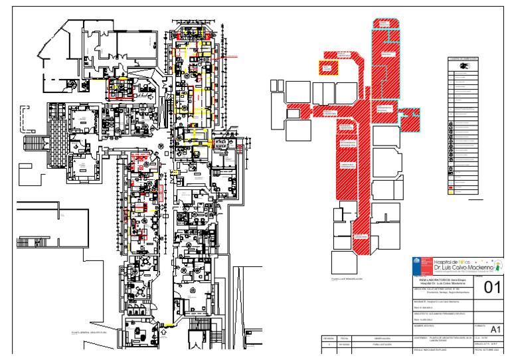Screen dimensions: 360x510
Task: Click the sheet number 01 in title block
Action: click(491, 288)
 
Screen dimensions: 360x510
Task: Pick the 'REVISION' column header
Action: click(327, 338)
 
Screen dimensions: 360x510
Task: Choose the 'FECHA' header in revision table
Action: click(345, 338)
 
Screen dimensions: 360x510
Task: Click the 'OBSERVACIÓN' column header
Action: click(381, 338)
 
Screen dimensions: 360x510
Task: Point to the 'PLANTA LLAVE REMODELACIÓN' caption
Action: click(347, 279)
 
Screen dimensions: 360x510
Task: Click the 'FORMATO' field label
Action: click(483, 325)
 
